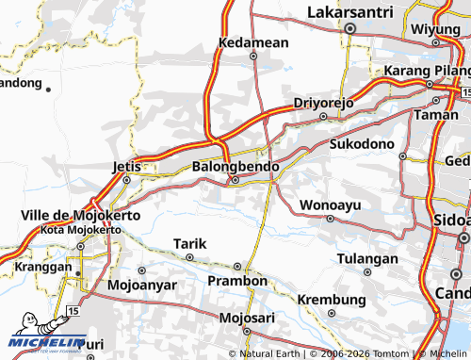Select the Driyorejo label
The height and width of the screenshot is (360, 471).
pos(322,102)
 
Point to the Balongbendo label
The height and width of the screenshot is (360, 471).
pos(235,166)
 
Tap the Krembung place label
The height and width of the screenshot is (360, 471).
pos(330,300)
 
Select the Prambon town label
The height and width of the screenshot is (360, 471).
pos(237,281)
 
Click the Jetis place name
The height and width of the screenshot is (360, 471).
pos(125,166)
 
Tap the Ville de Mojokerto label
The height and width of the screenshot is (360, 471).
pos(80,216)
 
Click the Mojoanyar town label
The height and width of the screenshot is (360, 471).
pos(140,284)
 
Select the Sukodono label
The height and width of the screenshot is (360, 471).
pos(362,143)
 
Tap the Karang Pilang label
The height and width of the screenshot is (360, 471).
pos(427,72)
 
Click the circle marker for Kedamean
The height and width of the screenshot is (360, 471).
pos(252,56)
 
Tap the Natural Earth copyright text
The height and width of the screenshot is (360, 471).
pos(271,354)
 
